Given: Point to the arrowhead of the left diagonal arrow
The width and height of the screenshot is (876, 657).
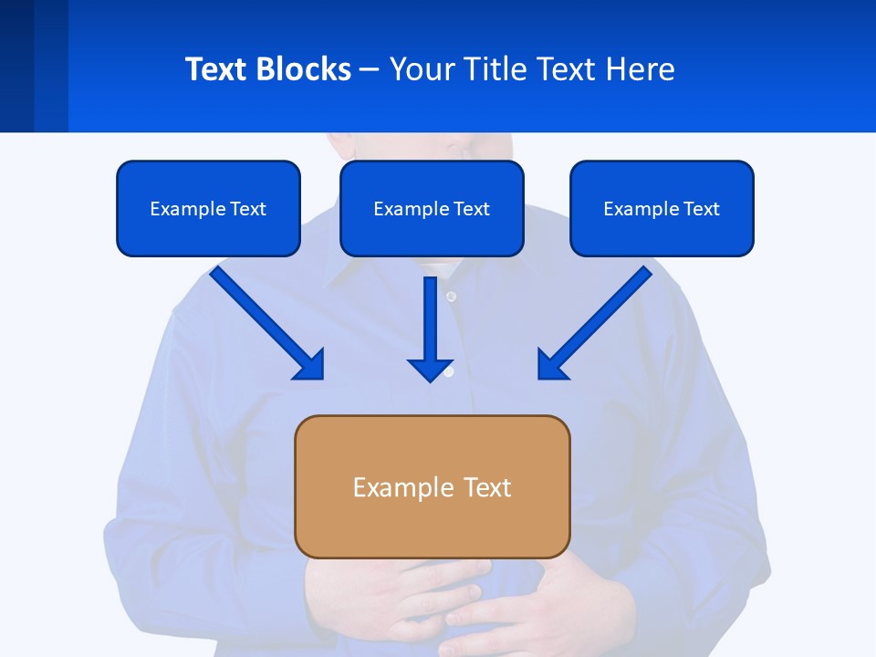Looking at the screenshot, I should (x=310, y=365).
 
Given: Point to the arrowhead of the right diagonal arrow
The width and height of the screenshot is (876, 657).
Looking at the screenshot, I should (x=551, y=365).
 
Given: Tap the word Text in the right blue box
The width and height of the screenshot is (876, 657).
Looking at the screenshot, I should (x=701, y=209).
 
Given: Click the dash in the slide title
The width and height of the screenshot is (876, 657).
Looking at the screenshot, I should (x=370, y=69).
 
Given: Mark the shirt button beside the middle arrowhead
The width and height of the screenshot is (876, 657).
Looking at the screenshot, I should (x=449, y=372).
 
